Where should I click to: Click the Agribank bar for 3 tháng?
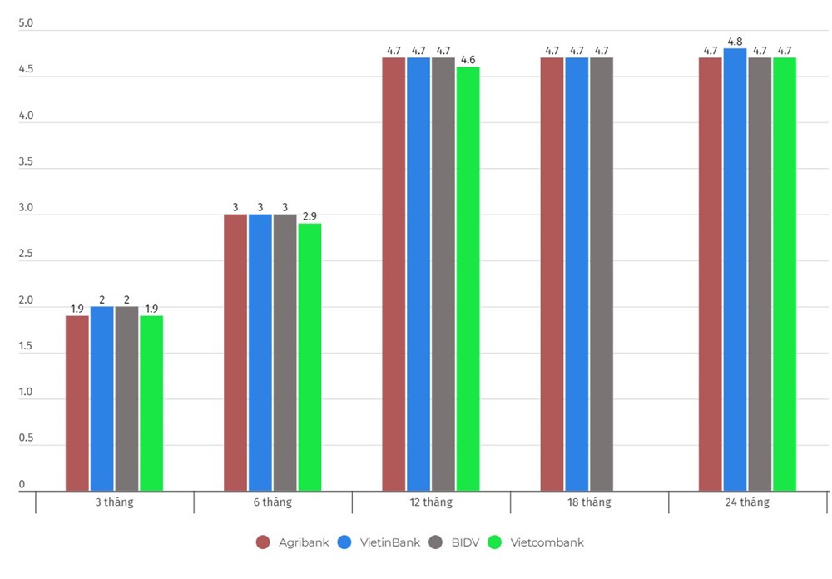pos(77,403)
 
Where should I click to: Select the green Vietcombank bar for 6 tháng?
pos(310,357)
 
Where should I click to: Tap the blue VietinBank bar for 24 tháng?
pos(735,270)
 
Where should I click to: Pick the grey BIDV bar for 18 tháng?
pos(602,274)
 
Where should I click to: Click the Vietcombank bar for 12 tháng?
pos(468,279)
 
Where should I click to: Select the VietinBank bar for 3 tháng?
pos(102,398)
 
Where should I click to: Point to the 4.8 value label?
pos(735,42)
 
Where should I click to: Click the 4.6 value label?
pos(468,60)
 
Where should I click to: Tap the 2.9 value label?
pos(310,216)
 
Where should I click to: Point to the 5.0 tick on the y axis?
pos(26,23)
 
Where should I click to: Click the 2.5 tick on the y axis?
pos(26,254)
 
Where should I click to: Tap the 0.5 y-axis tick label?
pos(26,438)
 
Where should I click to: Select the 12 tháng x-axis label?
pos(431,502)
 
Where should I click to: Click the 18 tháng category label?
pos(589,502)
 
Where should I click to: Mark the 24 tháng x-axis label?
pos(747,502)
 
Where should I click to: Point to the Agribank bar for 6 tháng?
pos(235,353)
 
